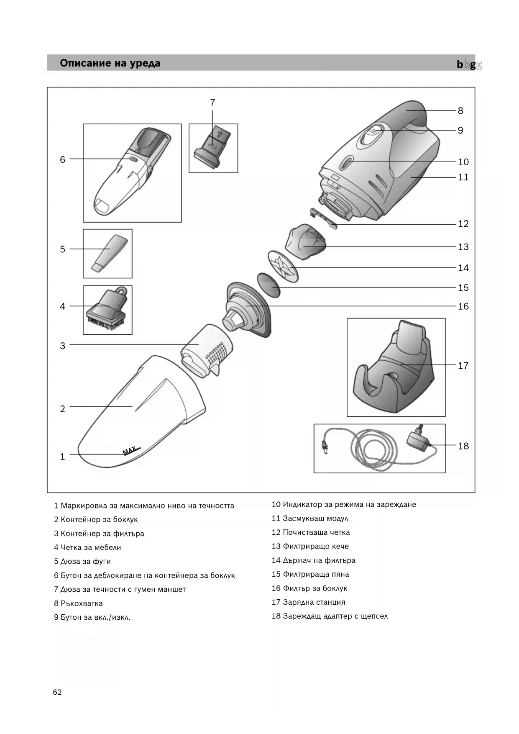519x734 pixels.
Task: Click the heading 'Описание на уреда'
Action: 110,63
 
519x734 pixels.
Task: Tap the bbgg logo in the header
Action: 469,64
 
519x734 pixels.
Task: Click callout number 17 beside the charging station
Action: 463,365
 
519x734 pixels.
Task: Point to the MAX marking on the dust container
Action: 130,450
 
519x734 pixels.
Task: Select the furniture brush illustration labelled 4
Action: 107,310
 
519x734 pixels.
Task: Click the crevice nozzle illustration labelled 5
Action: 108,254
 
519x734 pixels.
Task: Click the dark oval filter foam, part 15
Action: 268,285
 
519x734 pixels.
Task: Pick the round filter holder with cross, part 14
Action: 283,267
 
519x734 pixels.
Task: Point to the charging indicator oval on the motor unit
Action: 346,162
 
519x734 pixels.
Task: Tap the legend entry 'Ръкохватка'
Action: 82,603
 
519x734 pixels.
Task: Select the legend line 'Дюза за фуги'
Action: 85,561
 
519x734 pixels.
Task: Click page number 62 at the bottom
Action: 57,692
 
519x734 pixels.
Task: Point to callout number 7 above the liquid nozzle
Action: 212,102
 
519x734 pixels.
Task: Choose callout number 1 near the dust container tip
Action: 62,457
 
